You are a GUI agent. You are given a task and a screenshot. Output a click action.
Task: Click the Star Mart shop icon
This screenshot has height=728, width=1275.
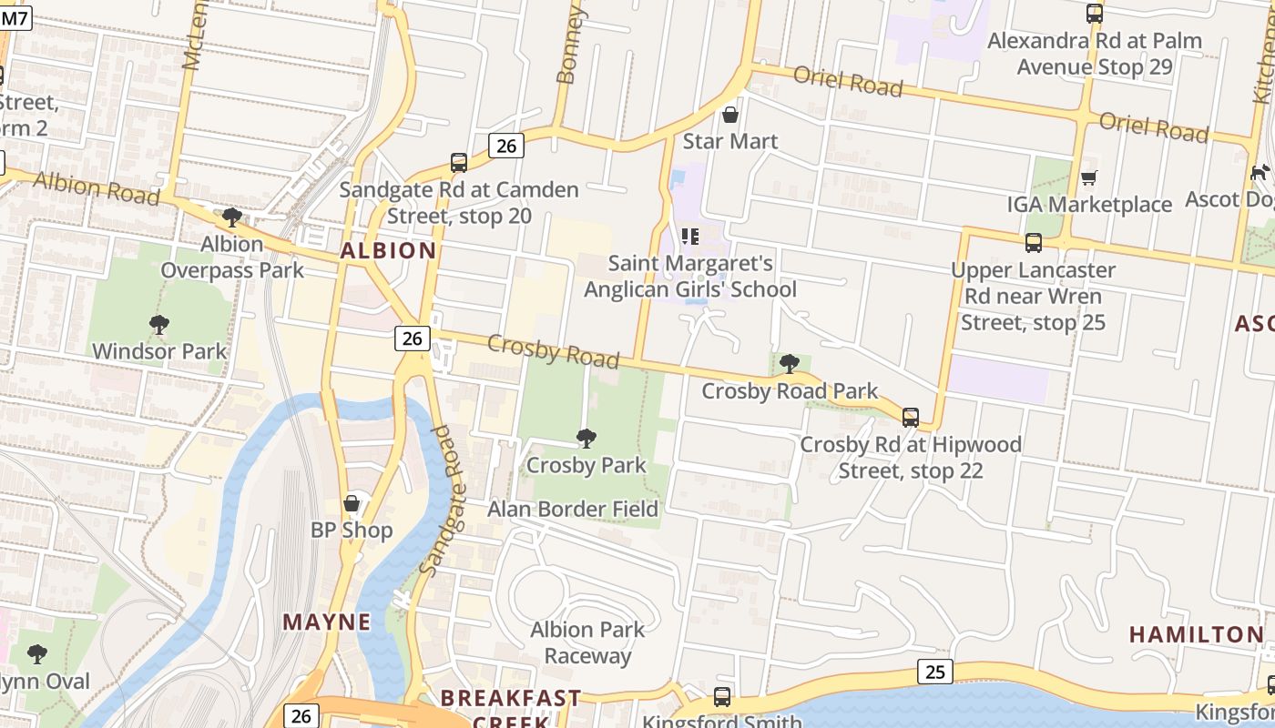(x=729, y=115)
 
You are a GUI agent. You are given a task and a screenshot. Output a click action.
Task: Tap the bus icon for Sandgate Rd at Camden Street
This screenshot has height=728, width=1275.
(x=459, y=163)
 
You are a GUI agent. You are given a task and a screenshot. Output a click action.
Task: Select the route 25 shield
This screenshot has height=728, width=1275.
(x=934, y=672)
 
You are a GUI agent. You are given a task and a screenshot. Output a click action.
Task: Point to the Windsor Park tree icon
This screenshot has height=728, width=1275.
(x=159, y=325)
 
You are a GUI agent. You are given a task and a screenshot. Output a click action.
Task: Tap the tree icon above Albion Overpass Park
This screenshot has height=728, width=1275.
(x=232, y=217)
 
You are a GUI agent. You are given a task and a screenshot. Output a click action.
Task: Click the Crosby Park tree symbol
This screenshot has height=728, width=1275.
(x=586, y=439)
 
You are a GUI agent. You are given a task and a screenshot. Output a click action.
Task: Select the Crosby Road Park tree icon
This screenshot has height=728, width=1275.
(x=790, y=364)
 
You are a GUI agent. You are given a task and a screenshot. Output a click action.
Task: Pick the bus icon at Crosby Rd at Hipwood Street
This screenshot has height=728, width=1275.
(x=910, y=418)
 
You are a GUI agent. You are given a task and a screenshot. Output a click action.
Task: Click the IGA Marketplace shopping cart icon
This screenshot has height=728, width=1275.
(x=1088, y=177)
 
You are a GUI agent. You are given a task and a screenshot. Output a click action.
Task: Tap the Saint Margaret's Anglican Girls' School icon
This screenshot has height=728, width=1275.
(x=690, y=237)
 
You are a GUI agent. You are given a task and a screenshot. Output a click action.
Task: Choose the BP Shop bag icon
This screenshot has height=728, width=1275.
(x=352, y=503)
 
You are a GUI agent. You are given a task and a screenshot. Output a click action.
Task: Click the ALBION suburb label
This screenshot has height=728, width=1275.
(x=389, y=250)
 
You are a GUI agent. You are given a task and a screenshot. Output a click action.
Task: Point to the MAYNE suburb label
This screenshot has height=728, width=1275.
(x=327, y=622)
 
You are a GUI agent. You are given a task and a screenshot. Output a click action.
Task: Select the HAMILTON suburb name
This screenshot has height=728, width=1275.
(x=1197, y=634)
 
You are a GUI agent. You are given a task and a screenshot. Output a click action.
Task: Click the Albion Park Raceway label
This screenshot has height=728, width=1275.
(x=587, y=642)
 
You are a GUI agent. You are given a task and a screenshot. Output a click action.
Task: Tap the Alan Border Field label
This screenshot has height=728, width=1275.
(x=572, y=509)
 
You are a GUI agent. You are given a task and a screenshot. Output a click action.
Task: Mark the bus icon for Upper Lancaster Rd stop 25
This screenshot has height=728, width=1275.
(x=1033, y=243)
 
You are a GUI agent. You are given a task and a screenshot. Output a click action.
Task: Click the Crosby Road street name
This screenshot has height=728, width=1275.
(x=553, y=351)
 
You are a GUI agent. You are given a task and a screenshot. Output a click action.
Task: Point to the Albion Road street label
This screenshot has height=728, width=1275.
(x=97, y=188)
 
